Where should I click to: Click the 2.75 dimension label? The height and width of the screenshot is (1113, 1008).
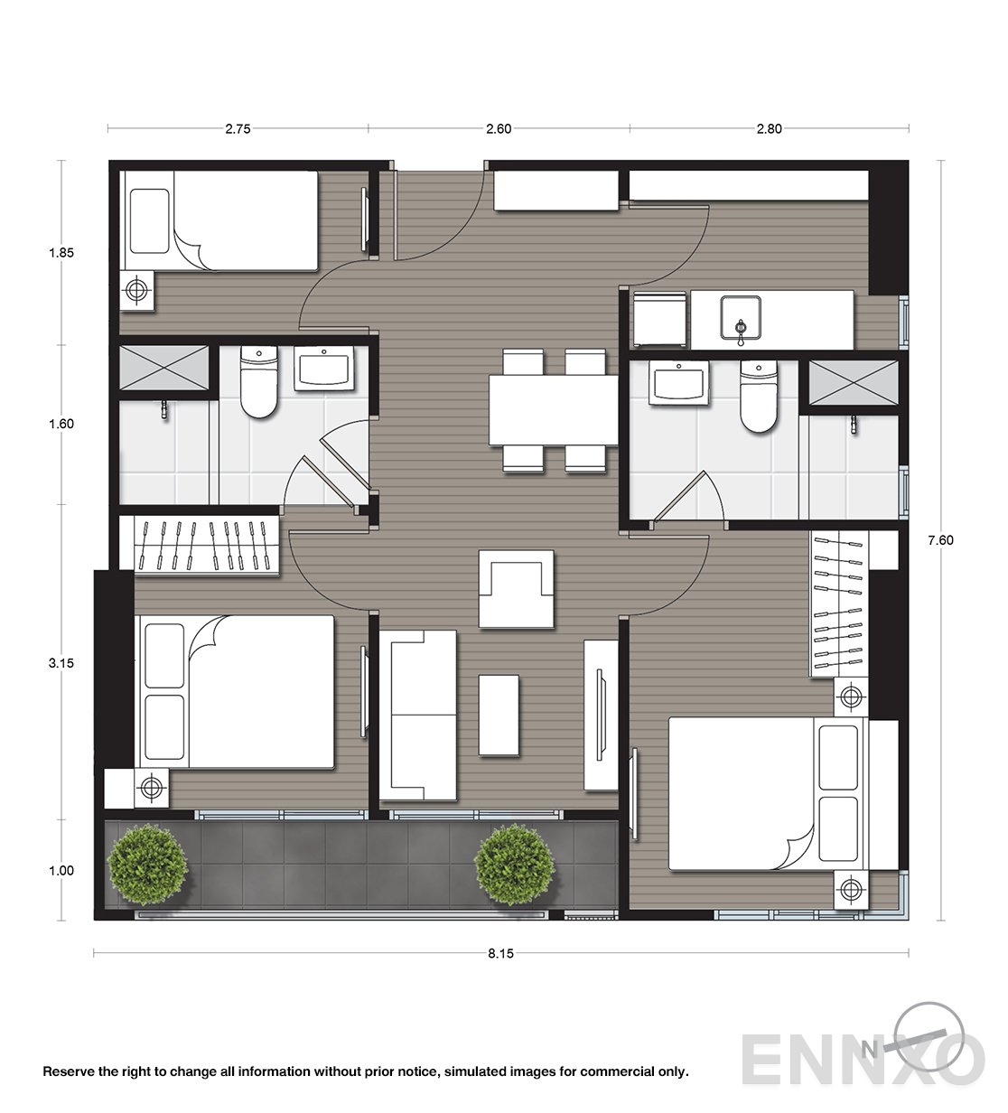tap(238, 128)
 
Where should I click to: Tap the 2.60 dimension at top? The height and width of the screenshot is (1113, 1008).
tap(499, 128)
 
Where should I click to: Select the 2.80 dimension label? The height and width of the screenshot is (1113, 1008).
tap(770, 128)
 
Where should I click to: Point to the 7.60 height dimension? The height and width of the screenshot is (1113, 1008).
tap(941, 540)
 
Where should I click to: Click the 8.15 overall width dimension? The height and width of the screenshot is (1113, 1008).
tap(501, 953)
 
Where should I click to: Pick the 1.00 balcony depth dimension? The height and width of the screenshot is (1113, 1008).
tap(61, 871)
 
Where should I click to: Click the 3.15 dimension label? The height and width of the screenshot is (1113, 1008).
tap(61, 663)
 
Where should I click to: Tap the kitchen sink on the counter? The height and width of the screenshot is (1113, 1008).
tap(741, 318)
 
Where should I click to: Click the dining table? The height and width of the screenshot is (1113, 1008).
tap(553, 410)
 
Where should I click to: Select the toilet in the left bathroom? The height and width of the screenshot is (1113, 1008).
tap(259, 382)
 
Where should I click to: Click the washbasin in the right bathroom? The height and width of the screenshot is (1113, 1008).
tap(679, 382)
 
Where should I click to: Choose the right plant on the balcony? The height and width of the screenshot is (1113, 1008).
tap(514, 864)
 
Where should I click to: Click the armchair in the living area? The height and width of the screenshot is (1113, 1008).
tap(516, 589)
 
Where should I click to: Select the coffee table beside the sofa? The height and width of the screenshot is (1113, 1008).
tap(499, 715)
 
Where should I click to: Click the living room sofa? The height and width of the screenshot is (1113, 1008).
tap(417, 715)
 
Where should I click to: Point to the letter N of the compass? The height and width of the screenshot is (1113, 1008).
tap(869, 1050)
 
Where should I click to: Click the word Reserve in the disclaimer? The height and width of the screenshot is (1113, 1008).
tap(69, 1071)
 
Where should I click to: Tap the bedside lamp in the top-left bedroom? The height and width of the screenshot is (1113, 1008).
tap(137, 290)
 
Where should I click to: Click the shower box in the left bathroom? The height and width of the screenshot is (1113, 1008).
tap(164, 367)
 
